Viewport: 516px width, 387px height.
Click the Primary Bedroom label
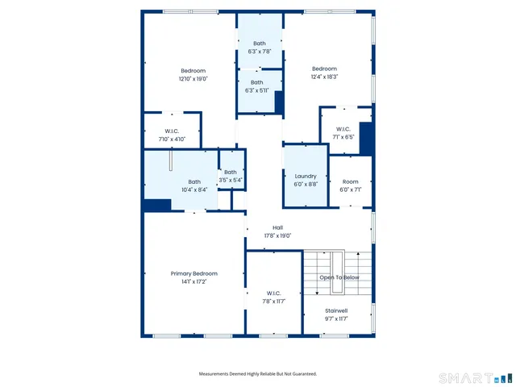coord(193,273)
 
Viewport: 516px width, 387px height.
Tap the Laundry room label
coord(306,176)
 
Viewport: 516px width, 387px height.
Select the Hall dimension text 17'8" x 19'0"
coord(277,236)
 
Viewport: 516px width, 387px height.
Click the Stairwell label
coord(336,310)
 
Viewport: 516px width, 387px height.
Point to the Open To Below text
coord(339,277)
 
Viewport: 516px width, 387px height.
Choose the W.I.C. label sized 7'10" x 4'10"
coord(171,131)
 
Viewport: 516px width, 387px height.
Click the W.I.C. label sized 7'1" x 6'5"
coord(343,129)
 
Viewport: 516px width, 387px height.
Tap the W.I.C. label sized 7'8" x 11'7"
coord(273,293)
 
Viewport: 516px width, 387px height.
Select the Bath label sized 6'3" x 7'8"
coord(259,44)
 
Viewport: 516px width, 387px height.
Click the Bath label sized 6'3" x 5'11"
coord(256,82)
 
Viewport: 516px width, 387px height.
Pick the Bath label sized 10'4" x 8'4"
coord(194,181)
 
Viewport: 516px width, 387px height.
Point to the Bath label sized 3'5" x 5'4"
coord(231,172)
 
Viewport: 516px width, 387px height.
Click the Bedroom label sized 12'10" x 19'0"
coord(193,70)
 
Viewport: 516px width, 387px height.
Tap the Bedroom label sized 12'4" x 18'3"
coord(324,69)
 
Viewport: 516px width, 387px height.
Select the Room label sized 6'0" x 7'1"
coord(350,181)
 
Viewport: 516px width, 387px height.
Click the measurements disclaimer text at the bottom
coord(258,373)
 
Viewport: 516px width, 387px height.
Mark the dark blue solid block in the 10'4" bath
coord(156,206)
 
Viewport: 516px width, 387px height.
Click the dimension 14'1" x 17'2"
coord(193,282)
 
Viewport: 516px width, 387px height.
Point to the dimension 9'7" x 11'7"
coord(336,319)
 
